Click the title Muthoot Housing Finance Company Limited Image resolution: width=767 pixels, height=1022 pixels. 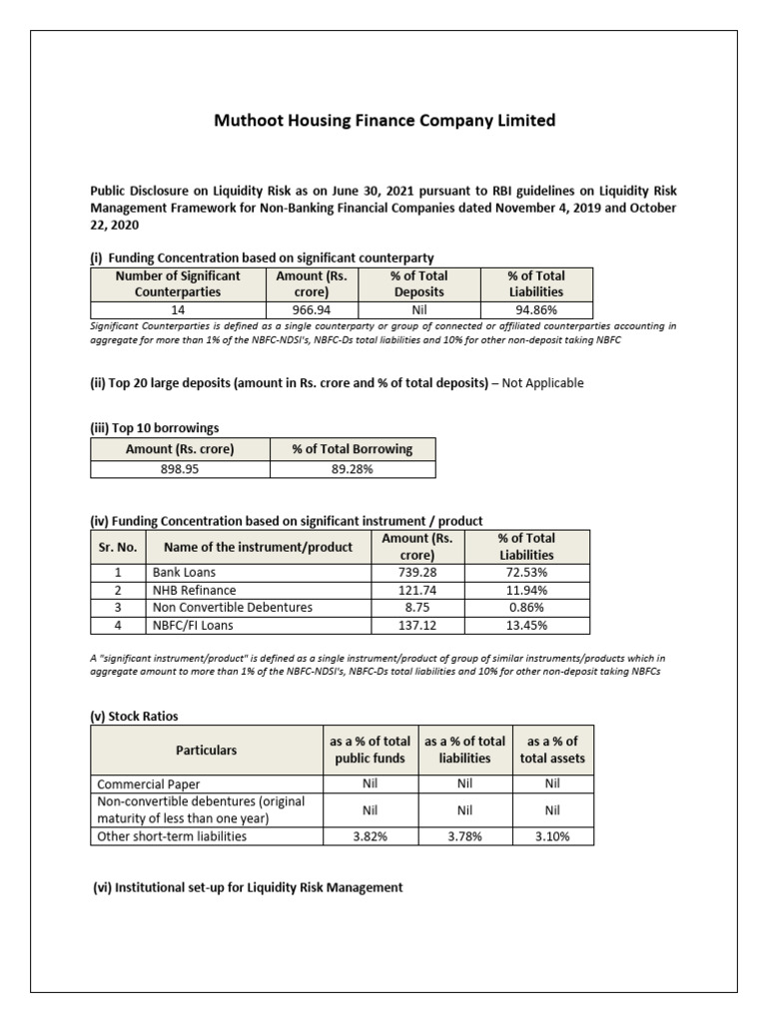(384, 121)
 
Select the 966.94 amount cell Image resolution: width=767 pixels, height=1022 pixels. (312, 310)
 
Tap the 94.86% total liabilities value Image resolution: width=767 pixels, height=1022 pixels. (535, 310)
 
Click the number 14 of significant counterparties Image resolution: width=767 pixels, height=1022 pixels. (178, 310)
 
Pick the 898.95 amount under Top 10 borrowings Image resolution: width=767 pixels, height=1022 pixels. (180, 468)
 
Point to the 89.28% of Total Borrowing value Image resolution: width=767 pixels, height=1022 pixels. (352, 468)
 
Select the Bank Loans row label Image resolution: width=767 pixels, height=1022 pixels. (184, 572)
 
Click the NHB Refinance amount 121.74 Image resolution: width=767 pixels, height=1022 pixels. (417, 590)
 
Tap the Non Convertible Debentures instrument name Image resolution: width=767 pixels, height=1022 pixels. (232, 607)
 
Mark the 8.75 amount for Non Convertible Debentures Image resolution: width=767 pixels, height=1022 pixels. (417, 607)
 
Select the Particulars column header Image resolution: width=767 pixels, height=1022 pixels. (207, 750)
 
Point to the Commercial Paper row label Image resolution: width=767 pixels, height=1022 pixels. (149, 784)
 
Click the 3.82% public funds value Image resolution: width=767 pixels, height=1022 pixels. (369, 836)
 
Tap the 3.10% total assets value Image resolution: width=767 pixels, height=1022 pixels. (552, 836)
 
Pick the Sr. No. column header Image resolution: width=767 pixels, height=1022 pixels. (118, 546)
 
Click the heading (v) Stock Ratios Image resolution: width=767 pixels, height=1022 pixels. (134, 716)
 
